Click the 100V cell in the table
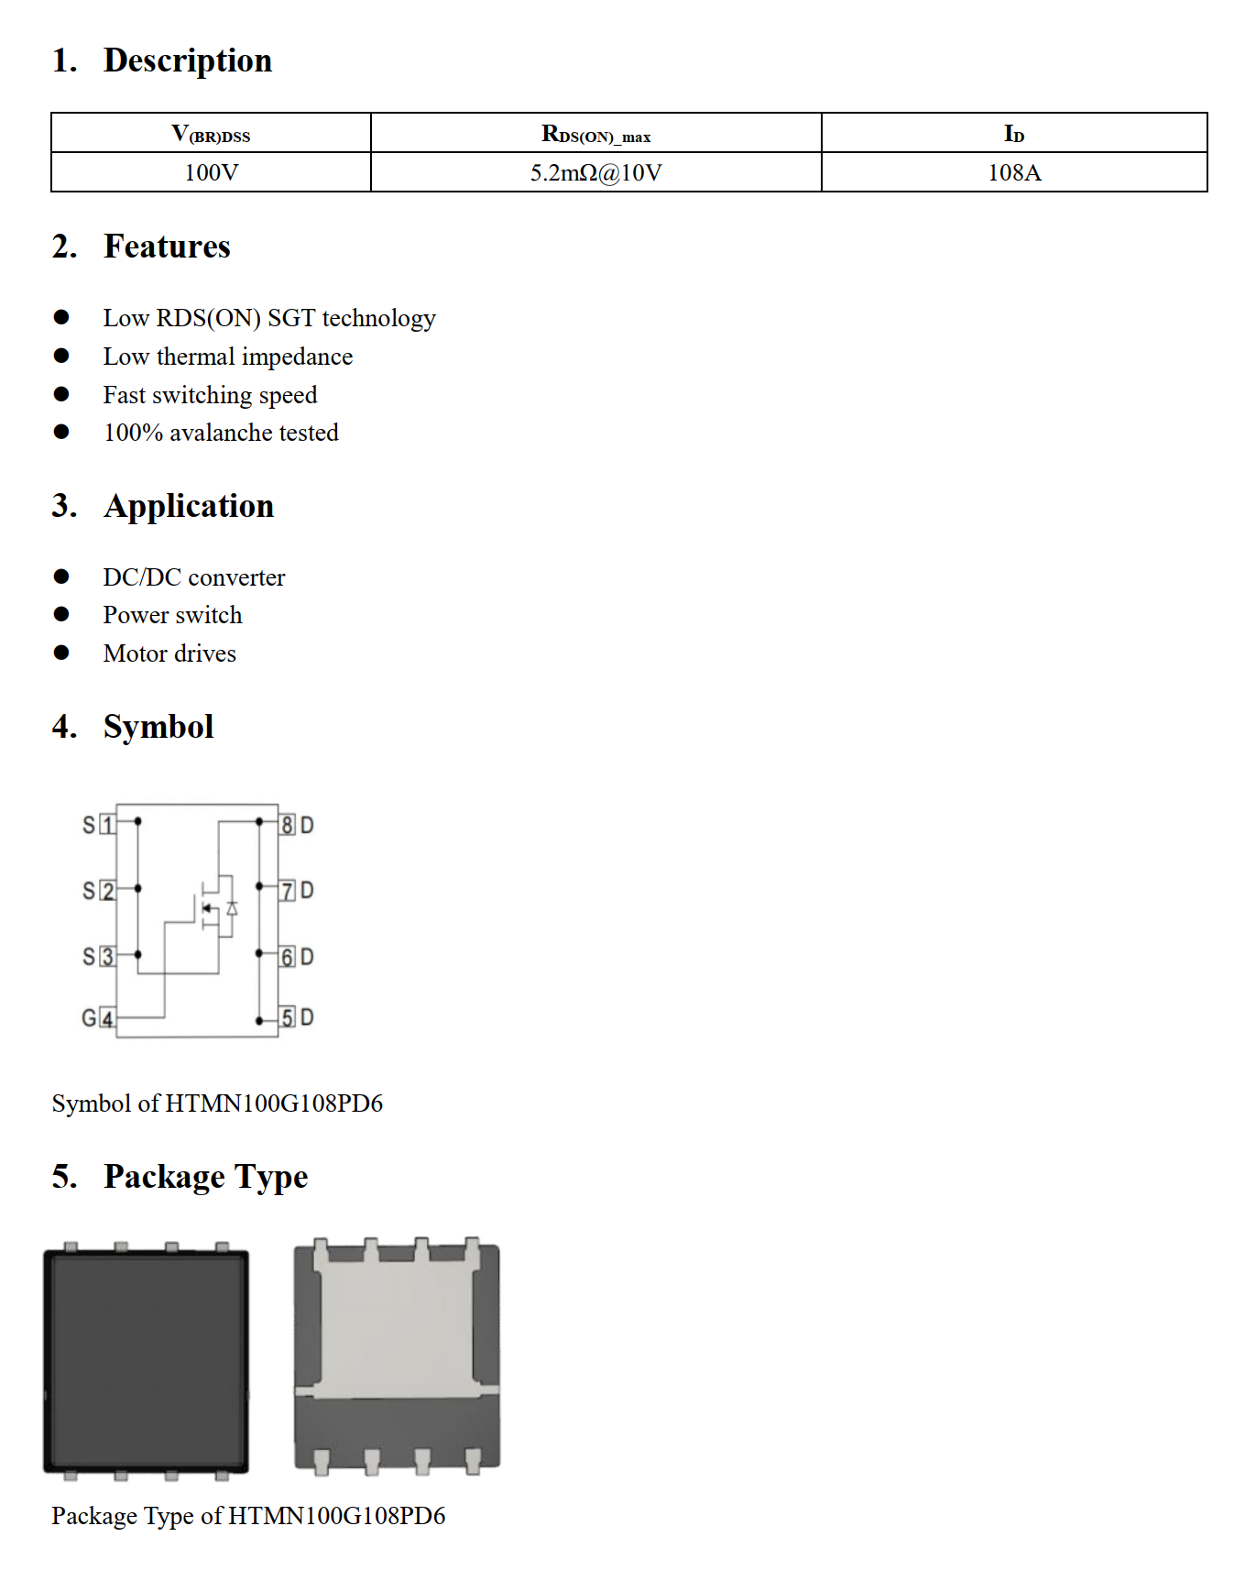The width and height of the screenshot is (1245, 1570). [x=211, y=172]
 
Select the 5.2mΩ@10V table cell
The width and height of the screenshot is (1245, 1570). [x=595, y=172]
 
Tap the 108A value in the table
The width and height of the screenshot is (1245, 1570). [x=1014, y=172]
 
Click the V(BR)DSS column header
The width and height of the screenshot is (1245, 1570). [x=211, y=134]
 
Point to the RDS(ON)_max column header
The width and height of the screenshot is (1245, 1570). [x=595, y=134]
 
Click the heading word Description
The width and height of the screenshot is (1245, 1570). [x=188, y=60]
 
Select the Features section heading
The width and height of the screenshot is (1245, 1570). [x=167, y=247]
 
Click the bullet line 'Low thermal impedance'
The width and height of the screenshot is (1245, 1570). [x=227, y=357]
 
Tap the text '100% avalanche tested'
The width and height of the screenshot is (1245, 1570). [x=221, y=433]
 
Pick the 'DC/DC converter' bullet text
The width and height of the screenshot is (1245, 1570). [x=194, y=577]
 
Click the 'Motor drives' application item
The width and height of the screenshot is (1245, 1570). [x=169, y=653]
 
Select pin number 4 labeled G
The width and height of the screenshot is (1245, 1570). [x=107, y=1018]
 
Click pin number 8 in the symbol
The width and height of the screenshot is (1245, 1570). [x=287, y=825]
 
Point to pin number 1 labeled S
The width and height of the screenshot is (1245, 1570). [x=107, y=825]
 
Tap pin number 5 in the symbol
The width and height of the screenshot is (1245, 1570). [x=287, y=1017]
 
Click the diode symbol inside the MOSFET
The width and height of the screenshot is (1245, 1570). [x=232, y=908]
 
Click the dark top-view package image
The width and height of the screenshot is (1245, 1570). [x=147, y=1361]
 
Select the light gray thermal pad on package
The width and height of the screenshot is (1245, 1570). [x=397, y=1320]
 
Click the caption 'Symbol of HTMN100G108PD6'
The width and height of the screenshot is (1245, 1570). [x=217, y=1103]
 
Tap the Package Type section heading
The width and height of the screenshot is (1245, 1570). [x=205, y=1177]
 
